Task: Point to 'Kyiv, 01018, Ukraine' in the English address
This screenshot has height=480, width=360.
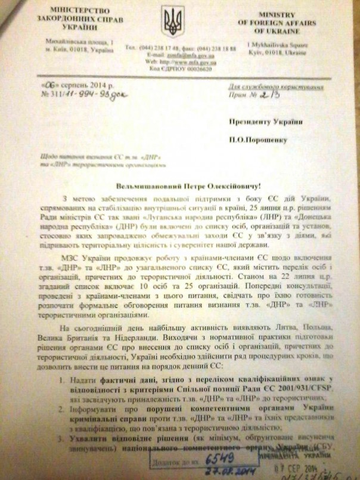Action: (272, 52)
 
